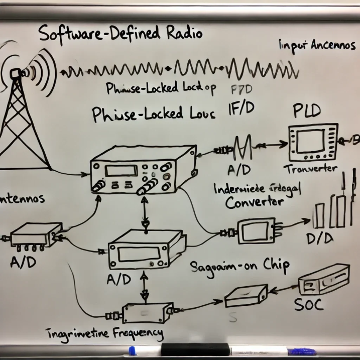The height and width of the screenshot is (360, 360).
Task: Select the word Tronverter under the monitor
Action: (310, 169)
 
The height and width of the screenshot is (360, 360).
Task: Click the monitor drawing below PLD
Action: (313, 141)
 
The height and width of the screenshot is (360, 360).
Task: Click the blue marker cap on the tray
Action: (133, 350)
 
